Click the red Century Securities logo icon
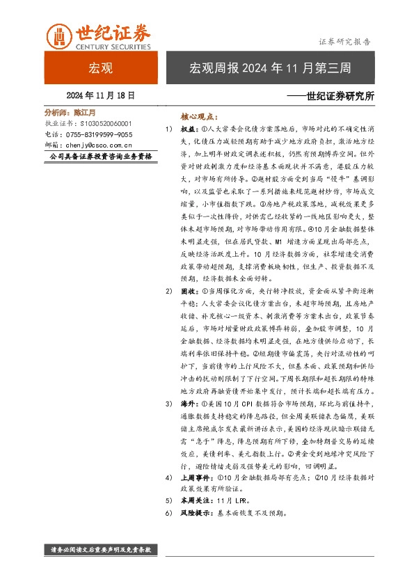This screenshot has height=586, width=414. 58,35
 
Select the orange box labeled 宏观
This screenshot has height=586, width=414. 101,68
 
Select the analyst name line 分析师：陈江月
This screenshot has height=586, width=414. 70,112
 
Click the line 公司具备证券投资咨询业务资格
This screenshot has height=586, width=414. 102,157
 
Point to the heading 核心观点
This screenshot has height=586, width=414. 198,118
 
